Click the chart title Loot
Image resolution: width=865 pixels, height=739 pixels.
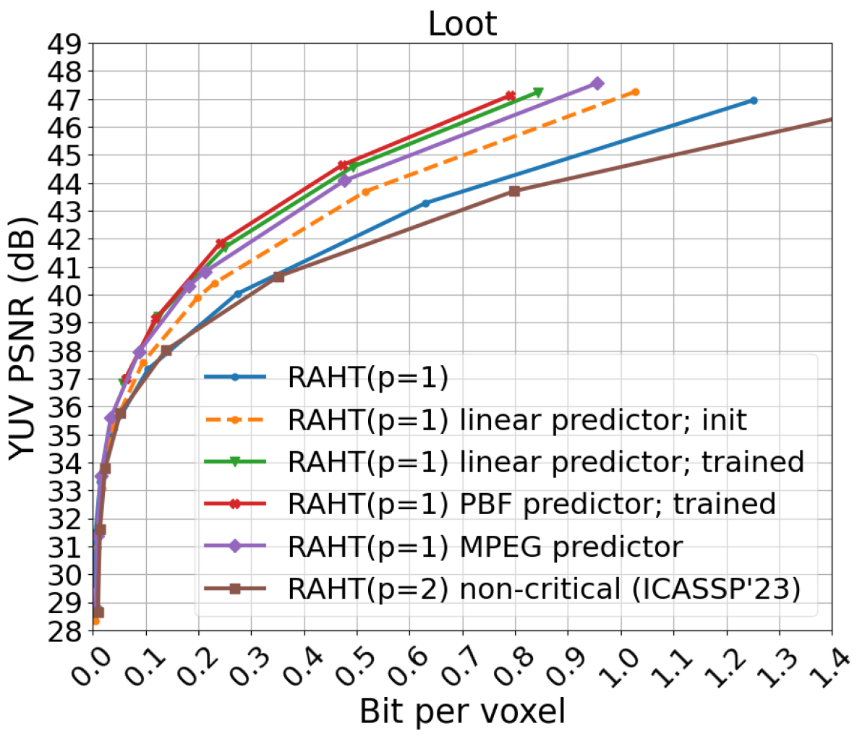point(462,23)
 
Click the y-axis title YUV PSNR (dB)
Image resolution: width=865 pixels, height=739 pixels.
point(25,336)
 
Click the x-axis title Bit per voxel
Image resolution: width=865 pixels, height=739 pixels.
point(462,712)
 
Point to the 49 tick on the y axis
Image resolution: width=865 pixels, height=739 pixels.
point(64,44)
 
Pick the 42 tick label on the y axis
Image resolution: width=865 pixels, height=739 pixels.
point(64,239)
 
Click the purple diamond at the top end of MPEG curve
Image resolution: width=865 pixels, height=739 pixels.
point(597,84)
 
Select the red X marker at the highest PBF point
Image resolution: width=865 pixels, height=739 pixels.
point(510,95)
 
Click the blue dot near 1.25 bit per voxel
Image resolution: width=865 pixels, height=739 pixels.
point(754,101)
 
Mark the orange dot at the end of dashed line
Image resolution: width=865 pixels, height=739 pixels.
point(636,92)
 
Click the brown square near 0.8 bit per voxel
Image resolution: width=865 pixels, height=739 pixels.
point(514,191)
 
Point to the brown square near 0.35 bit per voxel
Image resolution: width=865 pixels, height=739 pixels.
point(278,276)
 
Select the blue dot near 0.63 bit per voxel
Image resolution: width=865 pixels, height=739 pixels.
point(425,203)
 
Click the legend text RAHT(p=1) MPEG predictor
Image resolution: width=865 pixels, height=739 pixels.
point(485,547)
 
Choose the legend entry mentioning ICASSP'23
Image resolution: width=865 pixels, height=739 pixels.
point(544,589)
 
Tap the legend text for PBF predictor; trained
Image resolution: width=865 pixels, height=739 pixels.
point(532,504)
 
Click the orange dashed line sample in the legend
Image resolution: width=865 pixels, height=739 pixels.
point(235,419)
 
